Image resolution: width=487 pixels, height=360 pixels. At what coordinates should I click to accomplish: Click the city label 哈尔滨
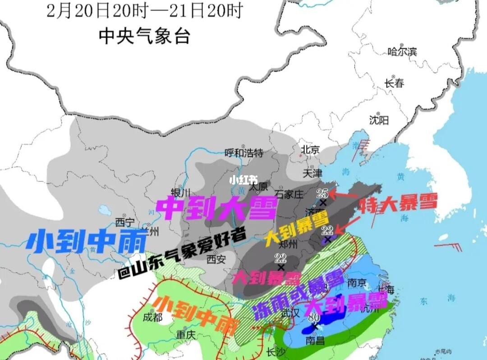tap(402, 51)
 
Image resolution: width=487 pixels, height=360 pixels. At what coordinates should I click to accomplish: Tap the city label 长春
tap(394, 83)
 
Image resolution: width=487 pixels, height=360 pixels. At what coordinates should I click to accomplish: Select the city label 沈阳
tap(379, 120)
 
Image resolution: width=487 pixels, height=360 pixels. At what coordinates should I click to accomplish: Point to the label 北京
tap(310, 149)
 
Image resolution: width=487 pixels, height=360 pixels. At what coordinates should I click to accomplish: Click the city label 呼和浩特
tap(243, 152)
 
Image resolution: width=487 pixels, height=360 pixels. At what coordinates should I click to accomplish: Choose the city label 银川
tap(181, 192)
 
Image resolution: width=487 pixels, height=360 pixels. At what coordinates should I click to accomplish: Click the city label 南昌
tap(315, 341)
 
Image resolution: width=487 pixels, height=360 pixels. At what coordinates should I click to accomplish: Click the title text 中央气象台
tap(144, 36)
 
